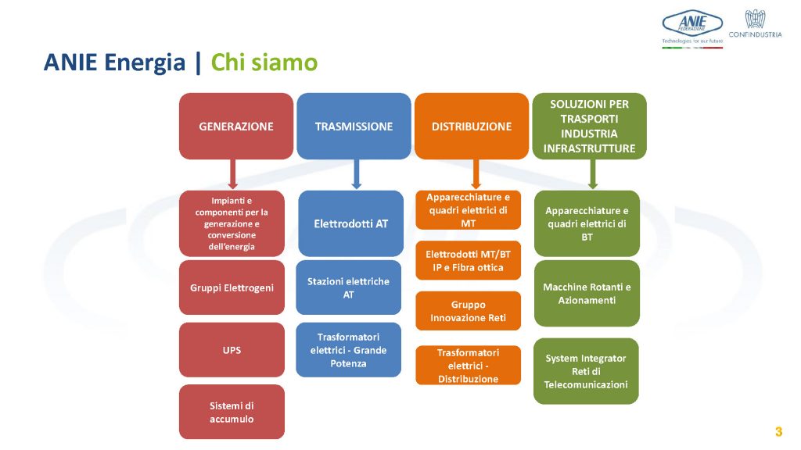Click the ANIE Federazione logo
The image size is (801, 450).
692,29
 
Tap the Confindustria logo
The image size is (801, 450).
755,23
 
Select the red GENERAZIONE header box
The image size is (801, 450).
236,126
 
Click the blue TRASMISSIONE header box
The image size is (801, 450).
354,126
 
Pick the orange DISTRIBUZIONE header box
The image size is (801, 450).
472,126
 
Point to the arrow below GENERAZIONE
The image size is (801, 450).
233,174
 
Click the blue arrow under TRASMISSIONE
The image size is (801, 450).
357,174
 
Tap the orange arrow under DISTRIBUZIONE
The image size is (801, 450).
476,174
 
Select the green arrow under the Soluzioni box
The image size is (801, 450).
593,174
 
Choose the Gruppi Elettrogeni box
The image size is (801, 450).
232,287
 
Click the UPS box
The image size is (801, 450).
232,350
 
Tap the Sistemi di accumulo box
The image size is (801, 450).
232,412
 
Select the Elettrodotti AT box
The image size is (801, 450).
351,223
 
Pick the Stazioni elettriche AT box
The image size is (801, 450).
348,287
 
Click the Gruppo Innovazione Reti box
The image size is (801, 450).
468,311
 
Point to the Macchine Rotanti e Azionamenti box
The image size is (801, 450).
587,294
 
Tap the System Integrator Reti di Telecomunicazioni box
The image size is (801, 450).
586,371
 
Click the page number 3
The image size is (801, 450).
778,431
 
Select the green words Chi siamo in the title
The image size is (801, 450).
264,62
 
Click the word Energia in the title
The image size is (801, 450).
145,63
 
